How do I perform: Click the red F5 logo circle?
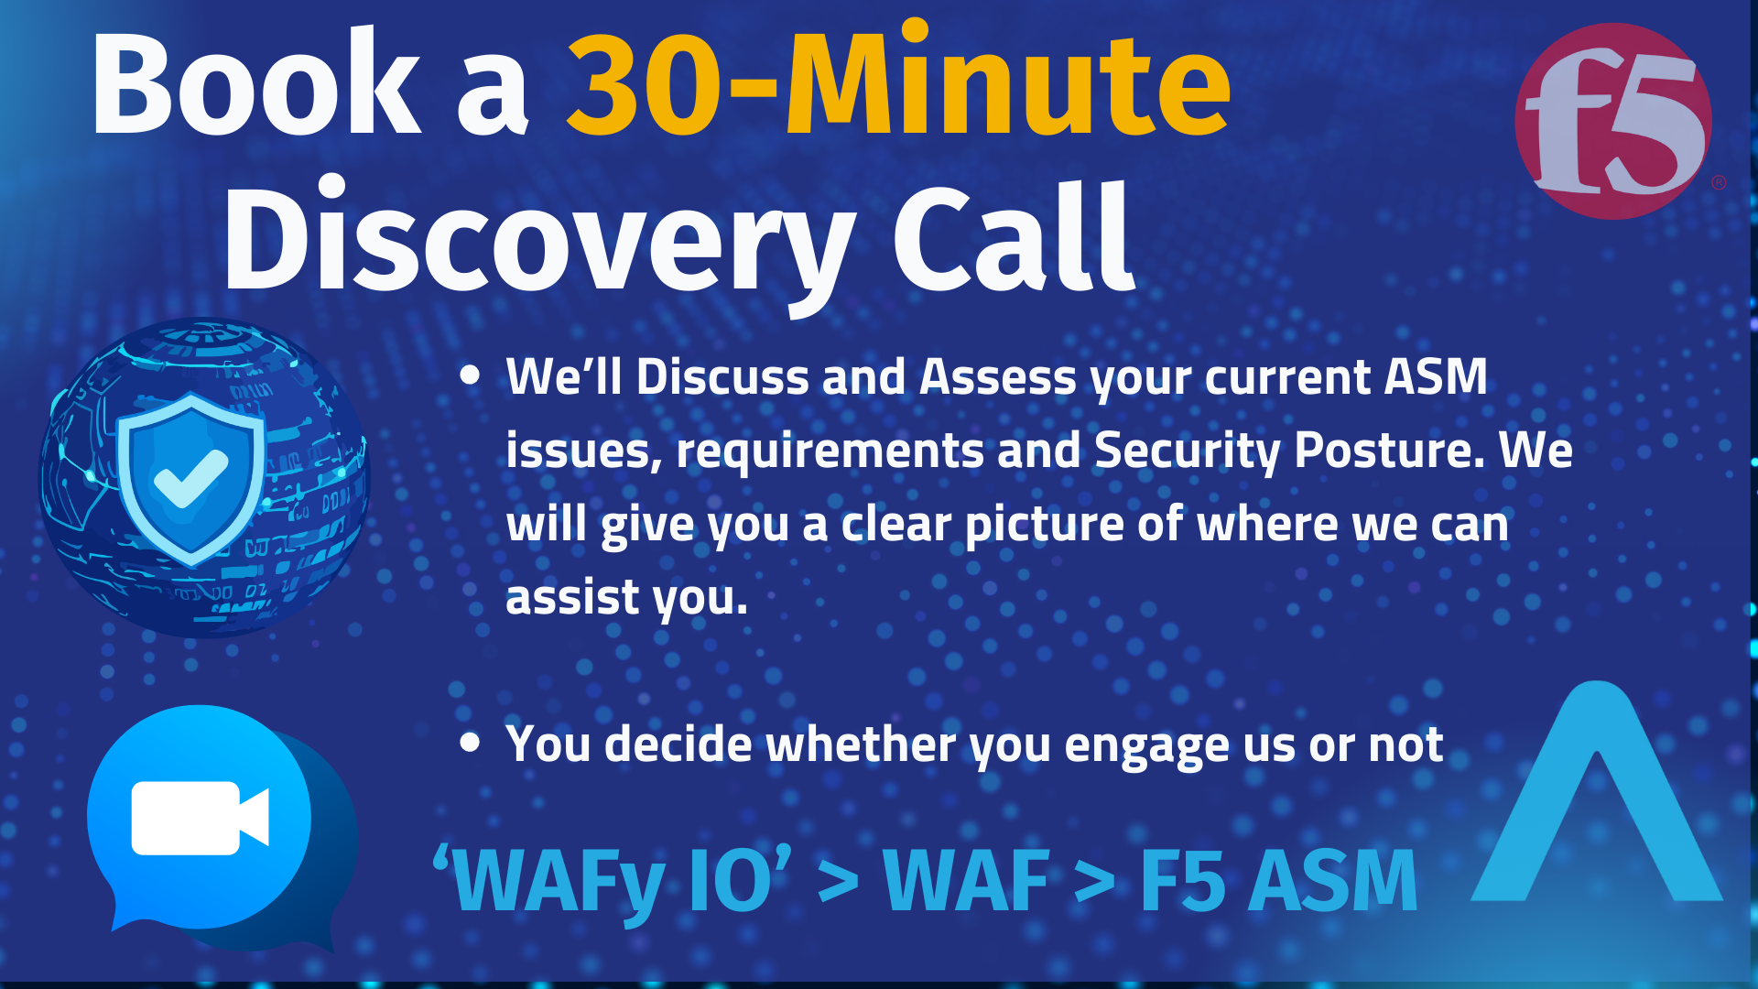[x=1613, y=121]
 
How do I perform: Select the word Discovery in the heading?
[x=540, y=240]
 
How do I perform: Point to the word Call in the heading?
[x=1014, y=236]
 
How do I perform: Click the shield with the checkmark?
[x=191, y=477]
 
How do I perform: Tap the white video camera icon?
[x=201, y=818]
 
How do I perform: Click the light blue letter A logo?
[x=1597, y=791]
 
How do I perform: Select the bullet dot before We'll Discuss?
[x=470, y=375]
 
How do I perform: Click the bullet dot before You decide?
[x=470, y=742]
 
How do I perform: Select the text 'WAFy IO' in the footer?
[x=612, y=880]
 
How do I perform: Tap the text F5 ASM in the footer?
[x=1279, y=881]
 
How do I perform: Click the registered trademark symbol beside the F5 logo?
[x=1719, y=182]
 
